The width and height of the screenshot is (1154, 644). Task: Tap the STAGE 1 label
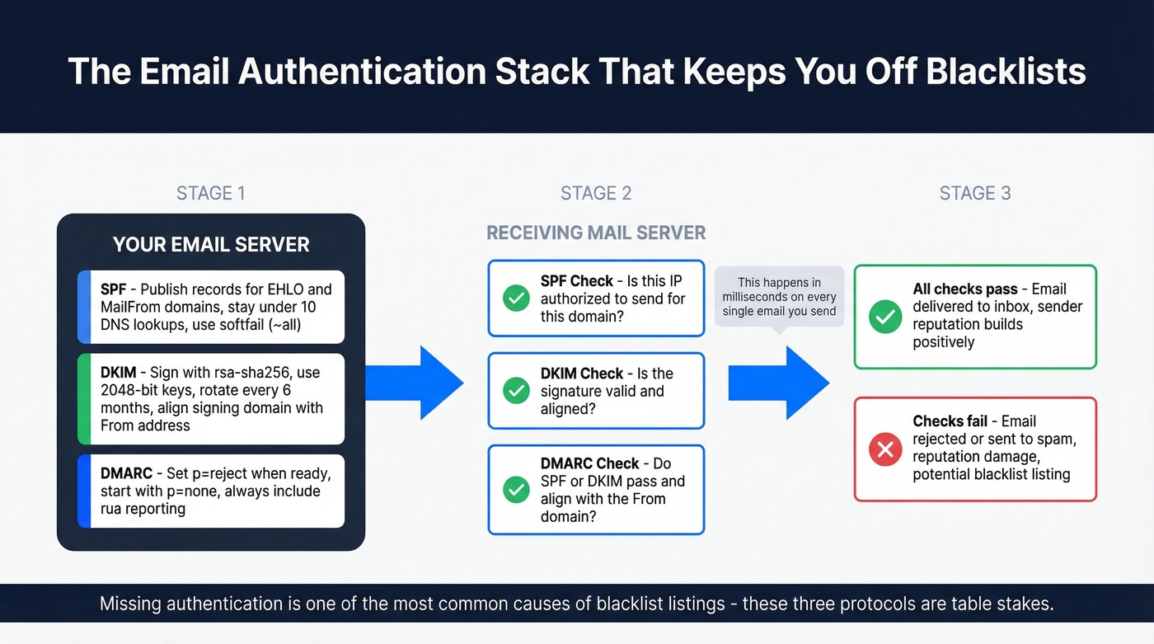[210, 193]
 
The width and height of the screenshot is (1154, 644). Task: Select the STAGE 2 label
[596, 193]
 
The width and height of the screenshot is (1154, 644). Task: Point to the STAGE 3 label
[975, 193]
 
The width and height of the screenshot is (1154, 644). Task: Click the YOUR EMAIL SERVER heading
[211, 244]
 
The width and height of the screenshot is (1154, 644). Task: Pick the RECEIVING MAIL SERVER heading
[596, 233]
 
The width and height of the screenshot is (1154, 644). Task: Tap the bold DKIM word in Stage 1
[119, 373]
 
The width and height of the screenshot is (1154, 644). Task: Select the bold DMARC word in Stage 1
[126, 473]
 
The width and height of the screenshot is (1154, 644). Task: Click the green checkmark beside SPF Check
[516, 298]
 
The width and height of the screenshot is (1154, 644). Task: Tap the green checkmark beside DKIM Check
[516, 390]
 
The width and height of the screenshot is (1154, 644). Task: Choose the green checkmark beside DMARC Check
[516, 490]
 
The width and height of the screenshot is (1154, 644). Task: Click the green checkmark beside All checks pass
[885, 316]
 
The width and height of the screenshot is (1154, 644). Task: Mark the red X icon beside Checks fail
[885, 449]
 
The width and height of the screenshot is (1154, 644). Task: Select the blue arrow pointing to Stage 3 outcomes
[778, 383]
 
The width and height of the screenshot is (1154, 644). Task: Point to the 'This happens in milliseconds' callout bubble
[779, 297]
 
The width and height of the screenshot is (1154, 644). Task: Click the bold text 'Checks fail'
[950, 421]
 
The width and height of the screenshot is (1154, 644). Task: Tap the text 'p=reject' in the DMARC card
[218, 473]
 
